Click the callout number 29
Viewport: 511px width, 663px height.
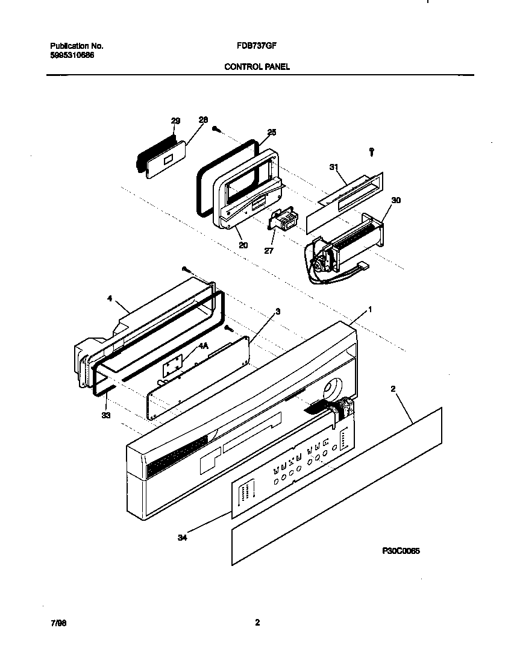tap(175, 121)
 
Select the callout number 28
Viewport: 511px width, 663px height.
tap(203, 120)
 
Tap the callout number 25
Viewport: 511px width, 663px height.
tap(271, 132)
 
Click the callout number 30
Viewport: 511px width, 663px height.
tap(396, 200)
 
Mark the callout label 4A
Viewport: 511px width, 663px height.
tap(202, 346)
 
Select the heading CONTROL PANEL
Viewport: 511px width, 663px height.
tap(257, 67)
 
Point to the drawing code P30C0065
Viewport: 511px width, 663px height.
tap(401, 550)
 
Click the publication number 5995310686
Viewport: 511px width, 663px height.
tap(72, 55)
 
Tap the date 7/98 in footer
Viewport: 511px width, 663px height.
tap(58, 623)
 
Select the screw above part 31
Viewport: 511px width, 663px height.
tap(372, 151)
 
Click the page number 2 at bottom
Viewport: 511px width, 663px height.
tap(257, 623)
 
